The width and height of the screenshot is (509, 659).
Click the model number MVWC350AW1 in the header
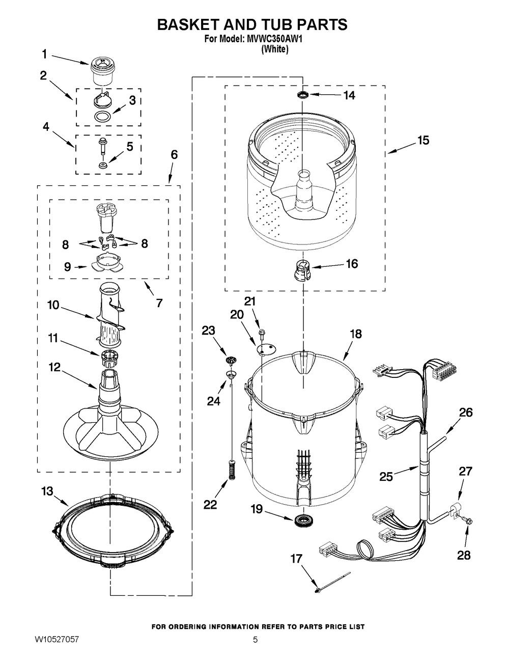274,40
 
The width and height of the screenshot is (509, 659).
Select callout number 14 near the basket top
349,95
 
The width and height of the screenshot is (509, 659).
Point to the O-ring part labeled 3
104,117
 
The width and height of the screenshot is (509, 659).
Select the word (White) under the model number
274,49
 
